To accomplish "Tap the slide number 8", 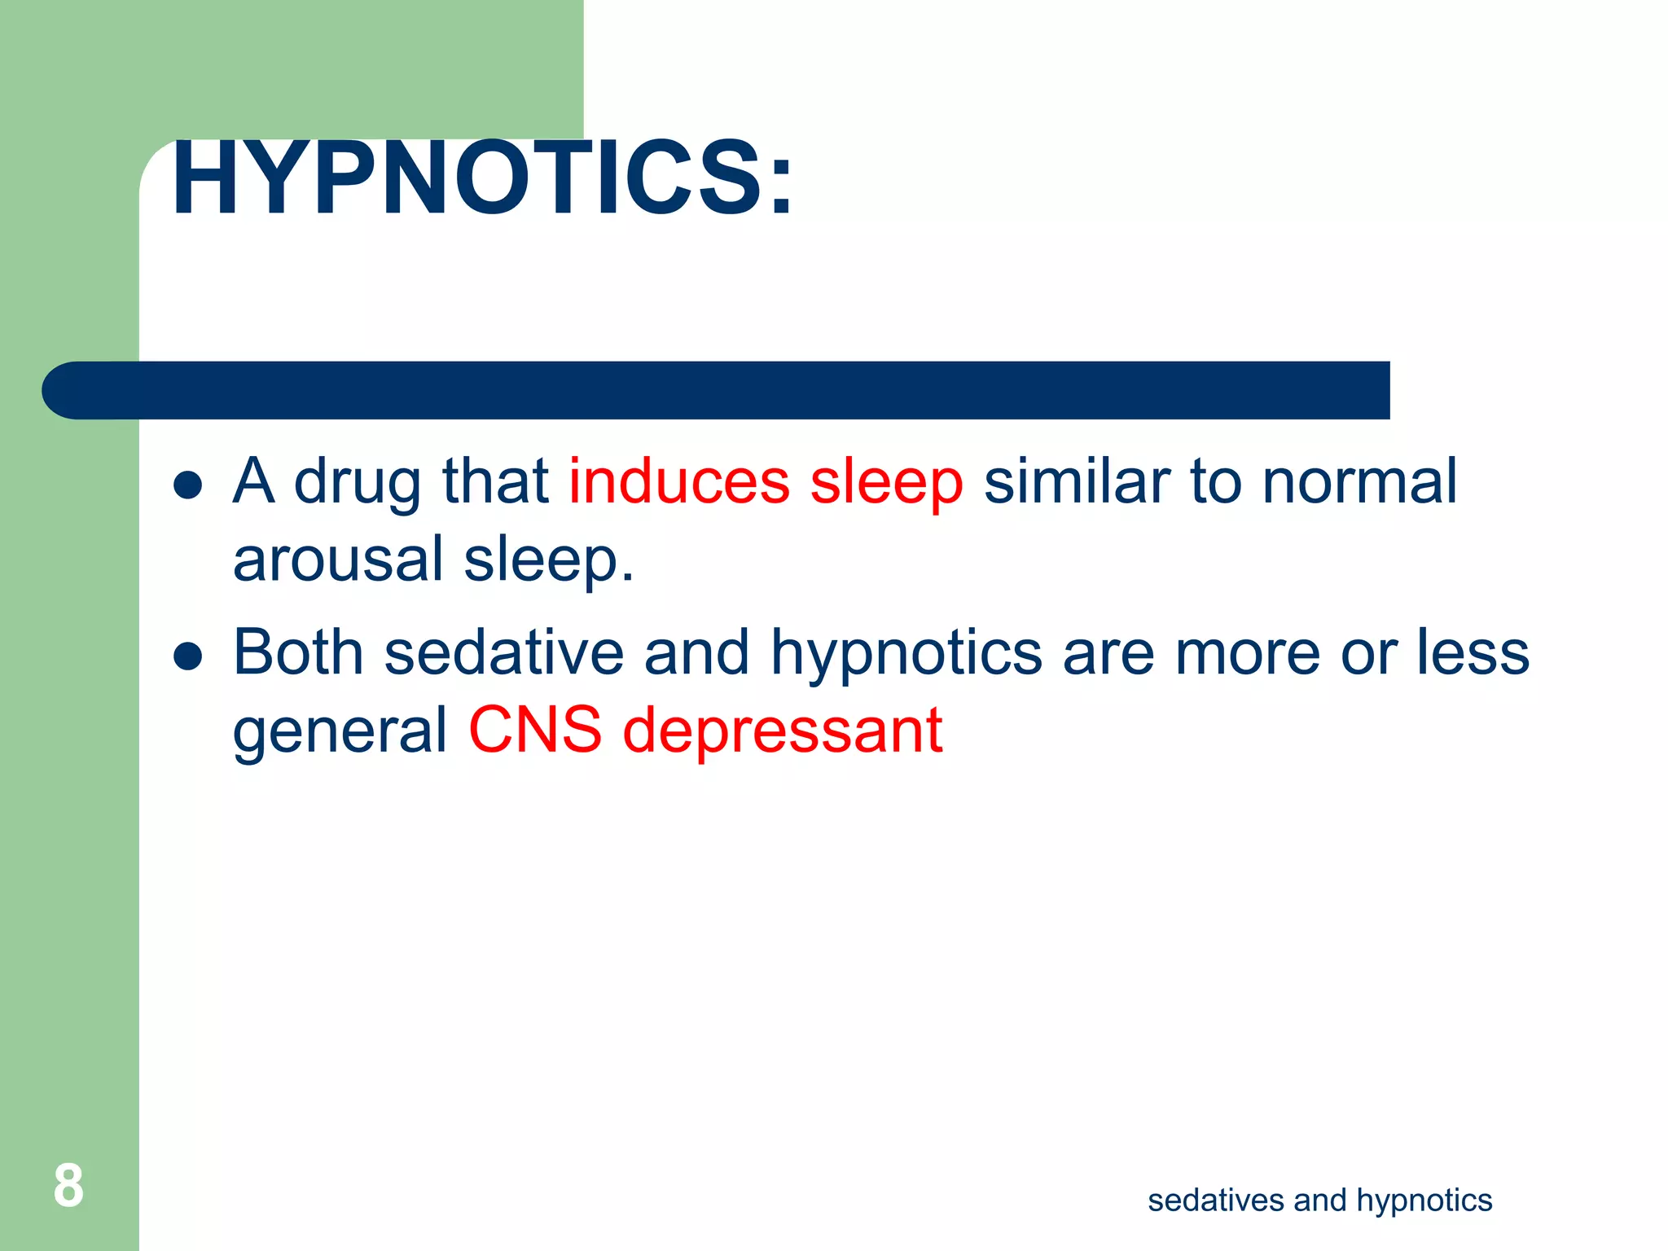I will click(x=68, y=1187).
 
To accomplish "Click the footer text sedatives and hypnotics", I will click(x=1319, y=1201).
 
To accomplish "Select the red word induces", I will click(x=679, y=481).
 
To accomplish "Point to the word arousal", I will click(x=337, y=560).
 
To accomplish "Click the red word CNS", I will click(x=535, y=729).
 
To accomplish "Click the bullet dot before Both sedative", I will click(x=188, y=656).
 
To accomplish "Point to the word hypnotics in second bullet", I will click(x=906, y=655).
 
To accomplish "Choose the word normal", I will click(x=1359, y=481).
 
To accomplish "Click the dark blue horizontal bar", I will click(x=717, y=390).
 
